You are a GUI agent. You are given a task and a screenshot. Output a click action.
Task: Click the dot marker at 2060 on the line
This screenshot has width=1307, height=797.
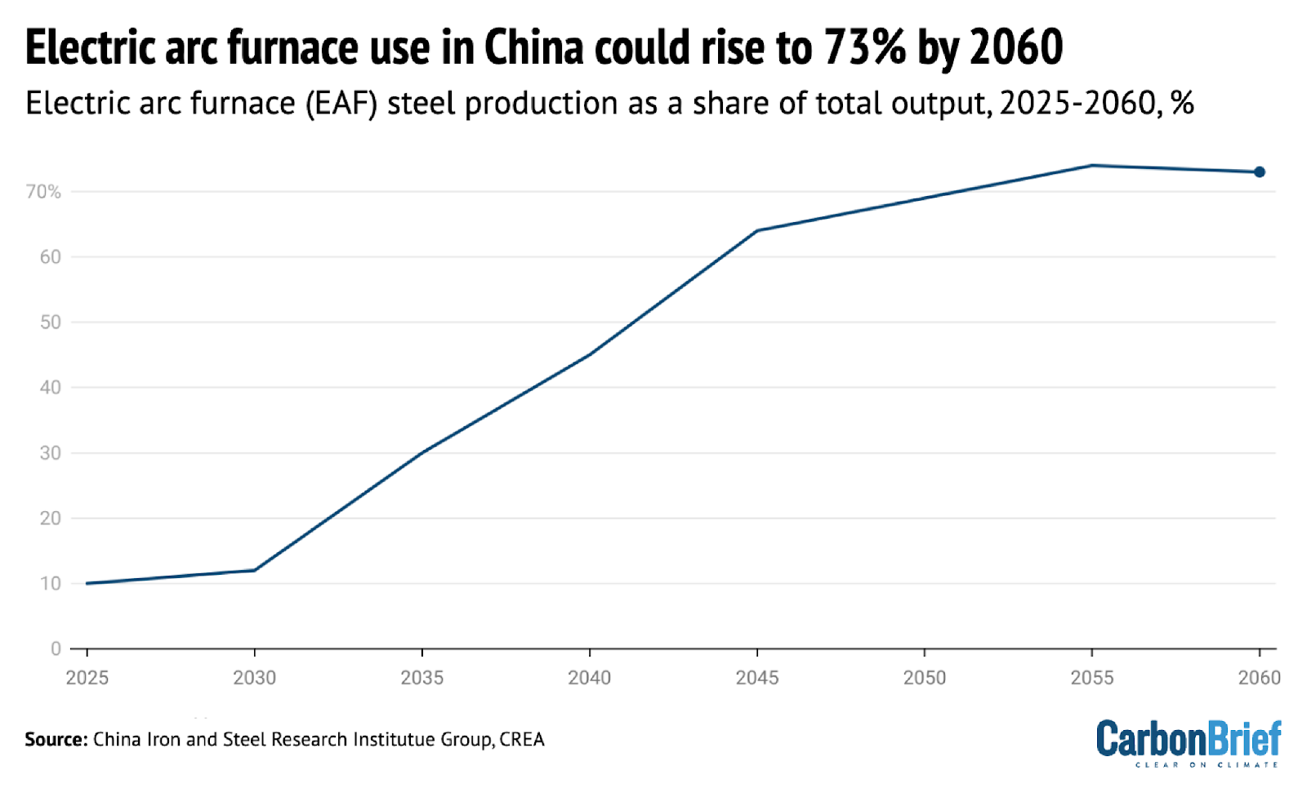(x=1259, y=171)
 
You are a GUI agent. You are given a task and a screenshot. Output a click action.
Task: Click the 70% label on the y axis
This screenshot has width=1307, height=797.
(x=43, y=192)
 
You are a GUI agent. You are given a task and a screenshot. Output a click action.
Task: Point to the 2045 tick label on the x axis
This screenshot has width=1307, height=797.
(x=756, y=678)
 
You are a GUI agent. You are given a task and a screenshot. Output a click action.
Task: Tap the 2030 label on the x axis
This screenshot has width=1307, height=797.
(x=254, y=678)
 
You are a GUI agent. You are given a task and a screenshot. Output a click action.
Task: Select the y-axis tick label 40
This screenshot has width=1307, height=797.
(x=50, y=387)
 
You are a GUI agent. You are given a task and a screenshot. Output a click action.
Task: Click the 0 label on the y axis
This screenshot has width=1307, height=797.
(x=56, y=648)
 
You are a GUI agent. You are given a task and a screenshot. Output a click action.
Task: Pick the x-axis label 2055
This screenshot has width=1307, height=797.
(x=1091, y=678)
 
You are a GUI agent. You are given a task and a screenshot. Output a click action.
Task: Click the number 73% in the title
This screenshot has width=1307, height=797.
(x=864, y=47)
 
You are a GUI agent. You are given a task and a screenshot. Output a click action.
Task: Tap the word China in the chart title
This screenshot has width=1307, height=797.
(x=534, y=47)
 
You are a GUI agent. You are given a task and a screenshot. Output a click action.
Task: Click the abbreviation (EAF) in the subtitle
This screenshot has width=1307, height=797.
(x=341, y=104)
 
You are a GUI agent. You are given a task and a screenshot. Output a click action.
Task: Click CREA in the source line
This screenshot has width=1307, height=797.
(x=522, y=739)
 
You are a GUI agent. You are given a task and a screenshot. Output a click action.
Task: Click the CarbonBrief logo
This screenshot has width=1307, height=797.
(x=1189, y=741)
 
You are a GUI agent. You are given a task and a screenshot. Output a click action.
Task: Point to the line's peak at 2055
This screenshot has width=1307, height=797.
(x=1091, y=165)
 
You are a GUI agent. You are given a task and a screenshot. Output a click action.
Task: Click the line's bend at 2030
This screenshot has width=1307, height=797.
(x=255, y=570)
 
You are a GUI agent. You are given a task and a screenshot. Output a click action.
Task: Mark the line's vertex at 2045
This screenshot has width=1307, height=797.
(x=756, y=230)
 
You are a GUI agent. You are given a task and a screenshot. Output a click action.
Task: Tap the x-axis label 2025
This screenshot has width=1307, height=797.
(x=87, y=678)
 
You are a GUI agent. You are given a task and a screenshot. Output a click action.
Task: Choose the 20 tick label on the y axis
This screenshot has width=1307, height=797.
(x=50, y=518)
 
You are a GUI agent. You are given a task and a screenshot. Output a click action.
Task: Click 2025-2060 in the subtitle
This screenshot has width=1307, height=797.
(x=1077, y=104)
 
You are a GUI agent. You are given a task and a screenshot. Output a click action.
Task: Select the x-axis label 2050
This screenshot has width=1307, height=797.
(x=924, y=678)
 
